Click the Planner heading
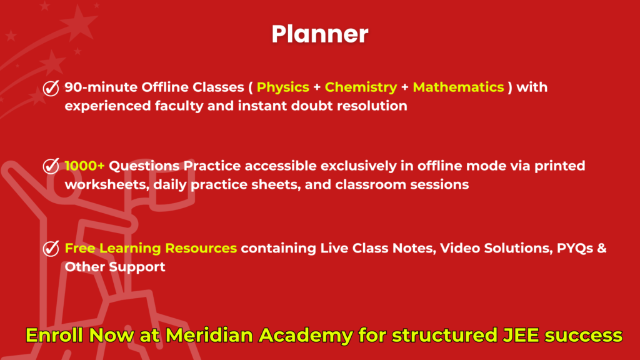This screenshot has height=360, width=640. pyautogui.click(x=320, y=34)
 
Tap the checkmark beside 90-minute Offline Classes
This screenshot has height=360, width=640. pyautogui.click(x=51, y=87)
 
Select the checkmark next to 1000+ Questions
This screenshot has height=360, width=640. pyautogui.click(x=51, y=166)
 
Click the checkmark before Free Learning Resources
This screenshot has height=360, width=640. pyautogui.click(x=51, y=249)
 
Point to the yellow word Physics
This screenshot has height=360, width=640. pyautogui.click(x=283, y=87)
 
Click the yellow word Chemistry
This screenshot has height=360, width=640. pyautogui.click(x=361, y=87)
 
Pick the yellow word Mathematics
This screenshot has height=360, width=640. pyautogui.click(x=458, y=87)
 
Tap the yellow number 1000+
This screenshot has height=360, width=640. pyautogui.click(x=84, y=166)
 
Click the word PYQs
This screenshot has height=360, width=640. pyautogui.click(x=575, y=248)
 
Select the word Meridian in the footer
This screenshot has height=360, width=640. pyautogui.click(x=209, y=335)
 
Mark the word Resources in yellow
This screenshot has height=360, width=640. pyautogui.click(x=201, y=248)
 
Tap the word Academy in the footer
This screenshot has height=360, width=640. pyautogui.click(x=306, y=336)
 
